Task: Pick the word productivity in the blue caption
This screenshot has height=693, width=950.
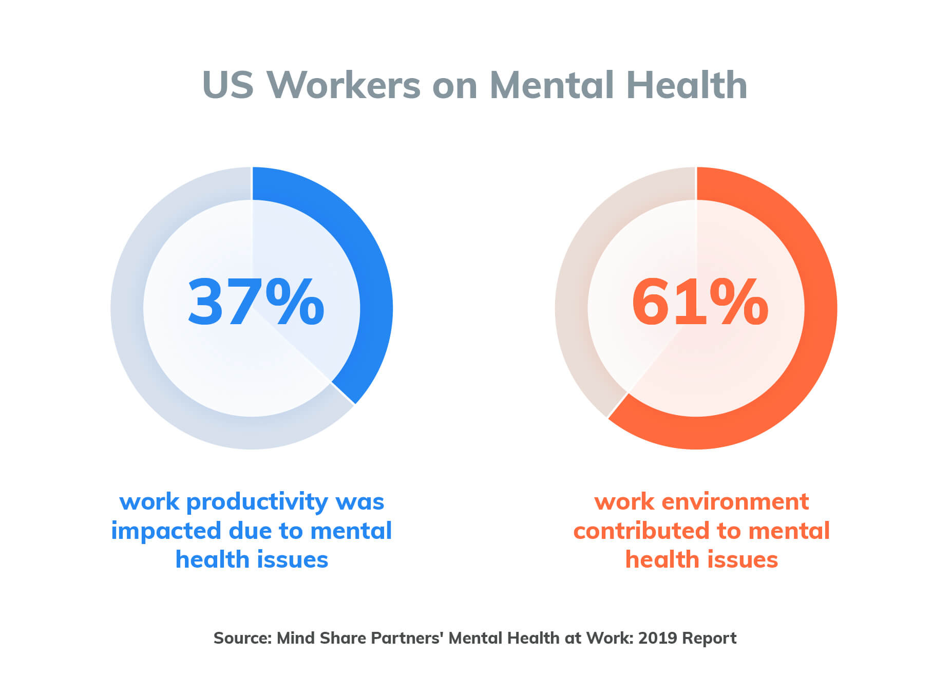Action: click(257, 502)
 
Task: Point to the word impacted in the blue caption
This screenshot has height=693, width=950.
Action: click(165, 531)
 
